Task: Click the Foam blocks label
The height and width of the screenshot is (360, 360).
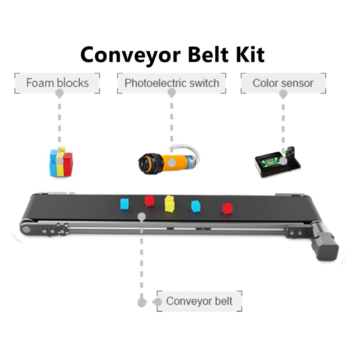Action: click(x=57, y=83)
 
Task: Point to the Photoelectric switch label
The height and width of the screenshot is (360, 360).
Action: click(x=172, y=83)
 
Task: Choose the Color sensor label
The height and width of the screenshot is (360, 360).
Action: click(x=283, y=83)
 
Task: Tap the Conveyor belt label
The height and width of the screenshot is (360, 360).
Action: click(x=199, y=301)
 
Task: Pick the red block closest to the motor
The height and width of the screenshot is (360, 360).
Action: click(x=228, y=208)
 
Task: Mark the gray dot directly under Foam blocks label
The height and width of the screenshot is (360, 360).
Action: click(x=59, y=93)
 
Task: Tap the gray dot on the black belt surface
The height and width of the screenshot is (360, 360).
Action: click(x=141, y=217)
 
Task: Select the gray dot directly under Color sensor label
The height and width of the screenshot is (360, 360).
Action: click(x=283, y=94)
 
